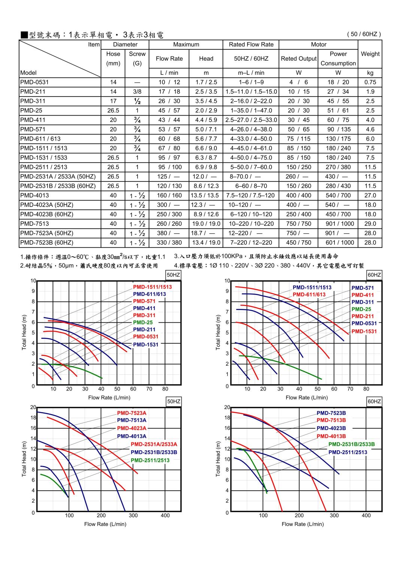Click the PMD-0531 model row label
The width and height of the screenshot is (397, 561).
[x=34, y=82]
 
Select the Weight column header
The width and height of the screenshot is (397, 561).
[x=370, y=54]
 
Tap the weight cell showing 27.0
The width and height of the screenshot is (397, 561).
[x=370, y=195]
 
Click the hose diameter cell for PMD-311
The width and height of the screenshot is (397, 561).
[x=113, y=101]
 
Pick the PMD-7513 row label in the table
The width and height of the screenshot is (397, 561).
[x=34, y=224]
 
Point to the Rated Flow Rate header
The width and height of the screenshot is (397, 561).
[x=251, y=45]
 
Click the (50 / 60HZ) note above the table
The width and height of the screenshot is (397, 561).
[x=364, y=34]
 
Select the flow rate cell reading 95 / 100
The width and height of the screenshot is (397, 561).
[x=169, y=167]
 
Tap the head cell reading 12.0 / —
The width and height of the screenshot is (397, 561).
[x=206, y=177]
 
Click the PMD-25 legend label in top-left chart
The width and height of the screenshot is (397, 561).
[x=142, y=322]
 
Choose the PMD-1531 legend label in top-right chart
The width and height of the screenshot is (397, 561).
[x=364, y=331]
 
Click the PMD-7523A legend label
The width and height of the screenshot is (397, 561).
[x=131, y=413]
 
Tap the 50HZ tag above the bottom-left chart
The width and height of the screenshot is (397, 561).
[x=173, y=401]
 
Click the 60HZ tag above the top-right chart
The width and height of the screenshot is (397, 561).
[x=374, y=275]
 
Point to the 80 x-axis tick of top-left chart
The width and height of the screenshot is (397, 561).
[x=165, y=389]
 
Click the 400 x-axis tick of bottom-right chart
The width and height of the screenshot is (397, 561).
[x=366, y=515]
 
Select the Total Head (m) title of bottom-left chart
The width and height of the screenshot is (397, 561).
[x=24, y=459]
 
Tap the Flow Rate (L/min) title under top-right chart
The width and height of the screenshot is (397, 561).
[x=306, y=398]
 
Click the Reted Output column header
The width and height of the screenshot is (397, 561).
[x=298, y=59]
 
